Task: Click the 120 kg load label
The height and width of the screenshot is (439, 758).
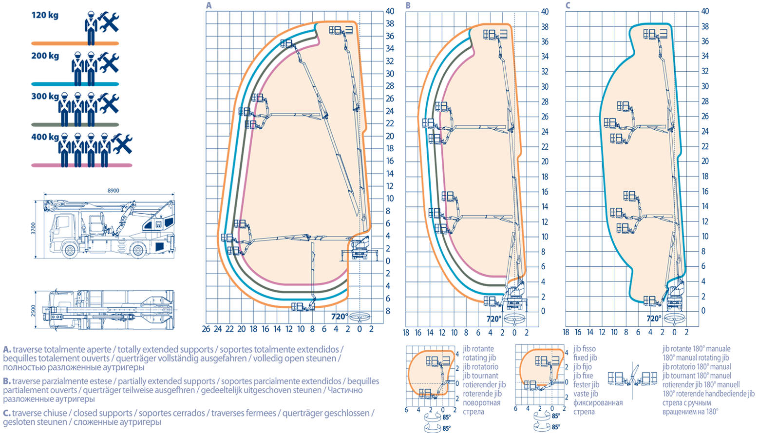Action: [x=45, y=15]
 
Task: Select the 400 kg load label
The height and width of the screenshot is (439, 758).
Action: [x=45, y=137]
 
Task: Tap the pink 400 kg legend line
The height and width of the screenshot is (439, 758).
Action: [x=82, y=165]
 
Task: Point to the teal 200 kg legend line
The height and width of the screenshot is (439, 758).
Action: [x=75, y=84]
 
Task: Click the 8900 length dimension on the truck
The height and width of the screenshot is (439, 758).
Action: [x=113, y=191]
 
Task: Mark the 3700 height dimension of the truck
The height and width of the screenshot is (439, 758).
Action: [x=34, y=228]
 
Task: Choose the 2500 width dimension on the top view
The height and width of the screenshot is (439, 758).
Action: [x=34, y=310]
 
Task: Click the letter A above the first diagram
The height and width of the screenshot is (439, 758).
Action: [x=209, y=5]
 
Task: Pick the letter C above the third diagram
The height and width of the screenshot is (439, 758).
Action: [x=568, y=5]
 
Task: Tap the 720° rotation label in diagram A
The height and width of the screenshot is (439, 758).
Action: [x=339, y=317]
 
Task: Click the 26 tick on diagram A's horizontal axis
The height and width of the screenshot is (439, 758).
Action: [x=206, y=329]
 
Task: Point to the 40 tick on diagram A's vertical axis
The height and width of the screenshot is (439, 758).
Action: [x=390, y=11]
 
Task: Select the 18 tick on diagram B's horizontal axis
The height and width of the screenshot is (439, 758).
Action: [x=406, y=333]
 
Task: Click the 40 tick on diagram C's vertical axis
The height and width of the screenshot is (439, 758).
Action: [x=704, y=11]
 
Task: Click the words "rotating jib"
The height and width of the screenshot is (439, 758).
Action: [x=479, y=358]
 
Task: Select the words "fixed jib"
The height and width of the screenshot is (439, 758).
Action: [x=585, y=358]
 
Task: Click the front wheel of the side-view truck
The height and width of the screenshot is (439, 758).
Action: [x=70, y=250]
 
